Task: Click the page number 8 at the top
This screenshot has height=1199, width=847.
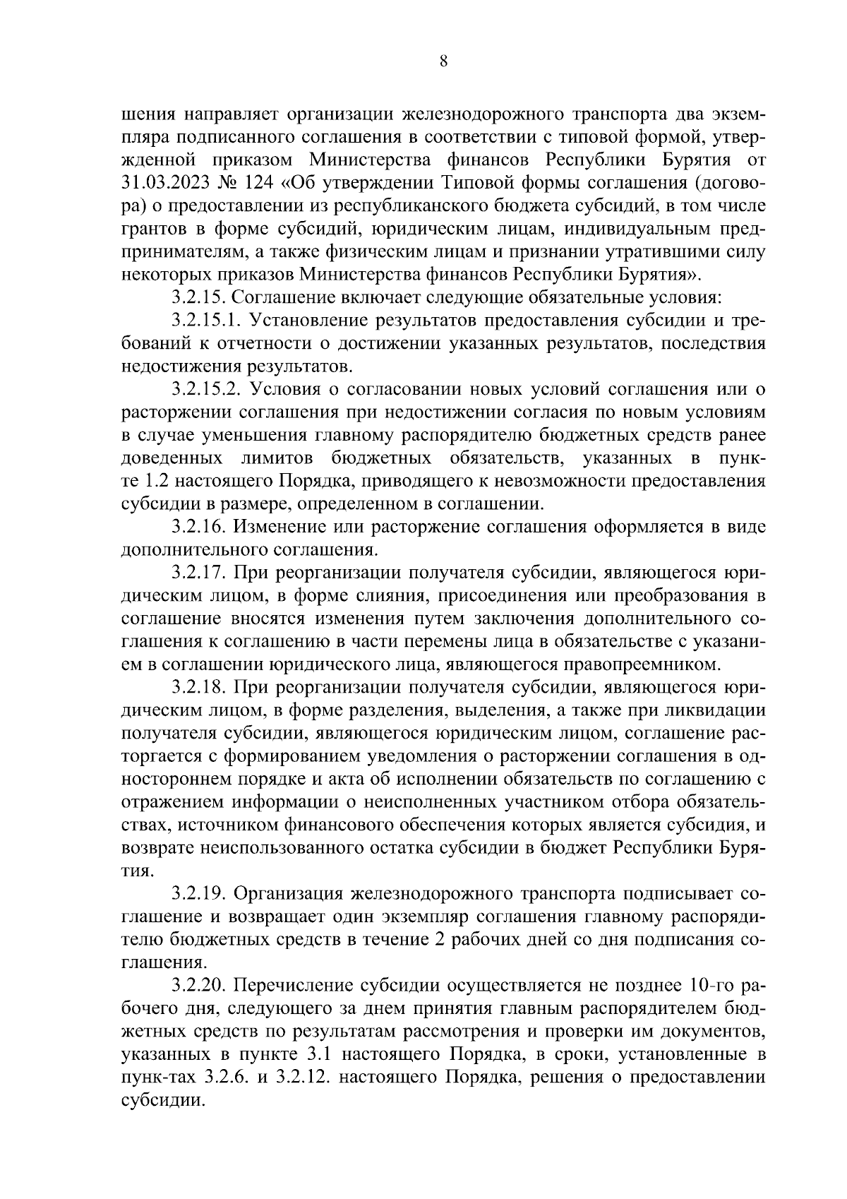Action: pyautogui.click(x=443, y=61)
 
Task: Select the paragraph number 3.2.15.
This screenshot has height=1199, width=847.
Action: pyautogui.click(x=198, y=298)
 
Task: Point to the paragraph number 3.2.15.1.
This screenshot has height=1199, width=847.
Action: pyautogui.click(x=205, y=321)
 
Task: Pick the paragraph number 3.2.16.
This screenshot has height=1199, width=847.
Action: pyautogui.click(x=198, y=526)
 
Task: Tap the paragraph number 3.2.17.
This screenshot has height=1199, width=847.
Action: pyautogui.click(x=198, y=572)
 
